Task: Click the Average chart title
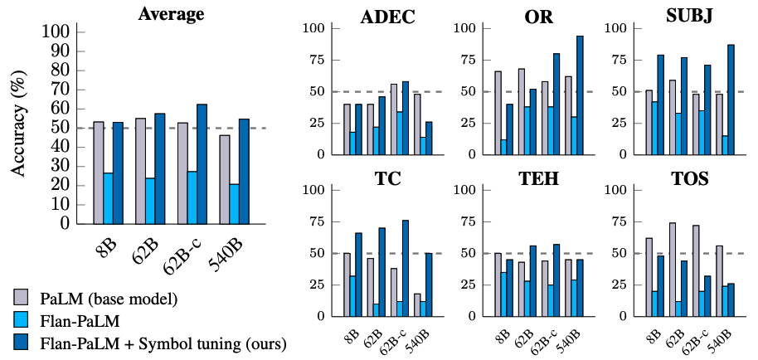(172, 13)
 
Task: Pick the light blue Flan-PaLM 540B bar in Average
(234, 203)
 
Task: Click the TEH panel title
(538, 178)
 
